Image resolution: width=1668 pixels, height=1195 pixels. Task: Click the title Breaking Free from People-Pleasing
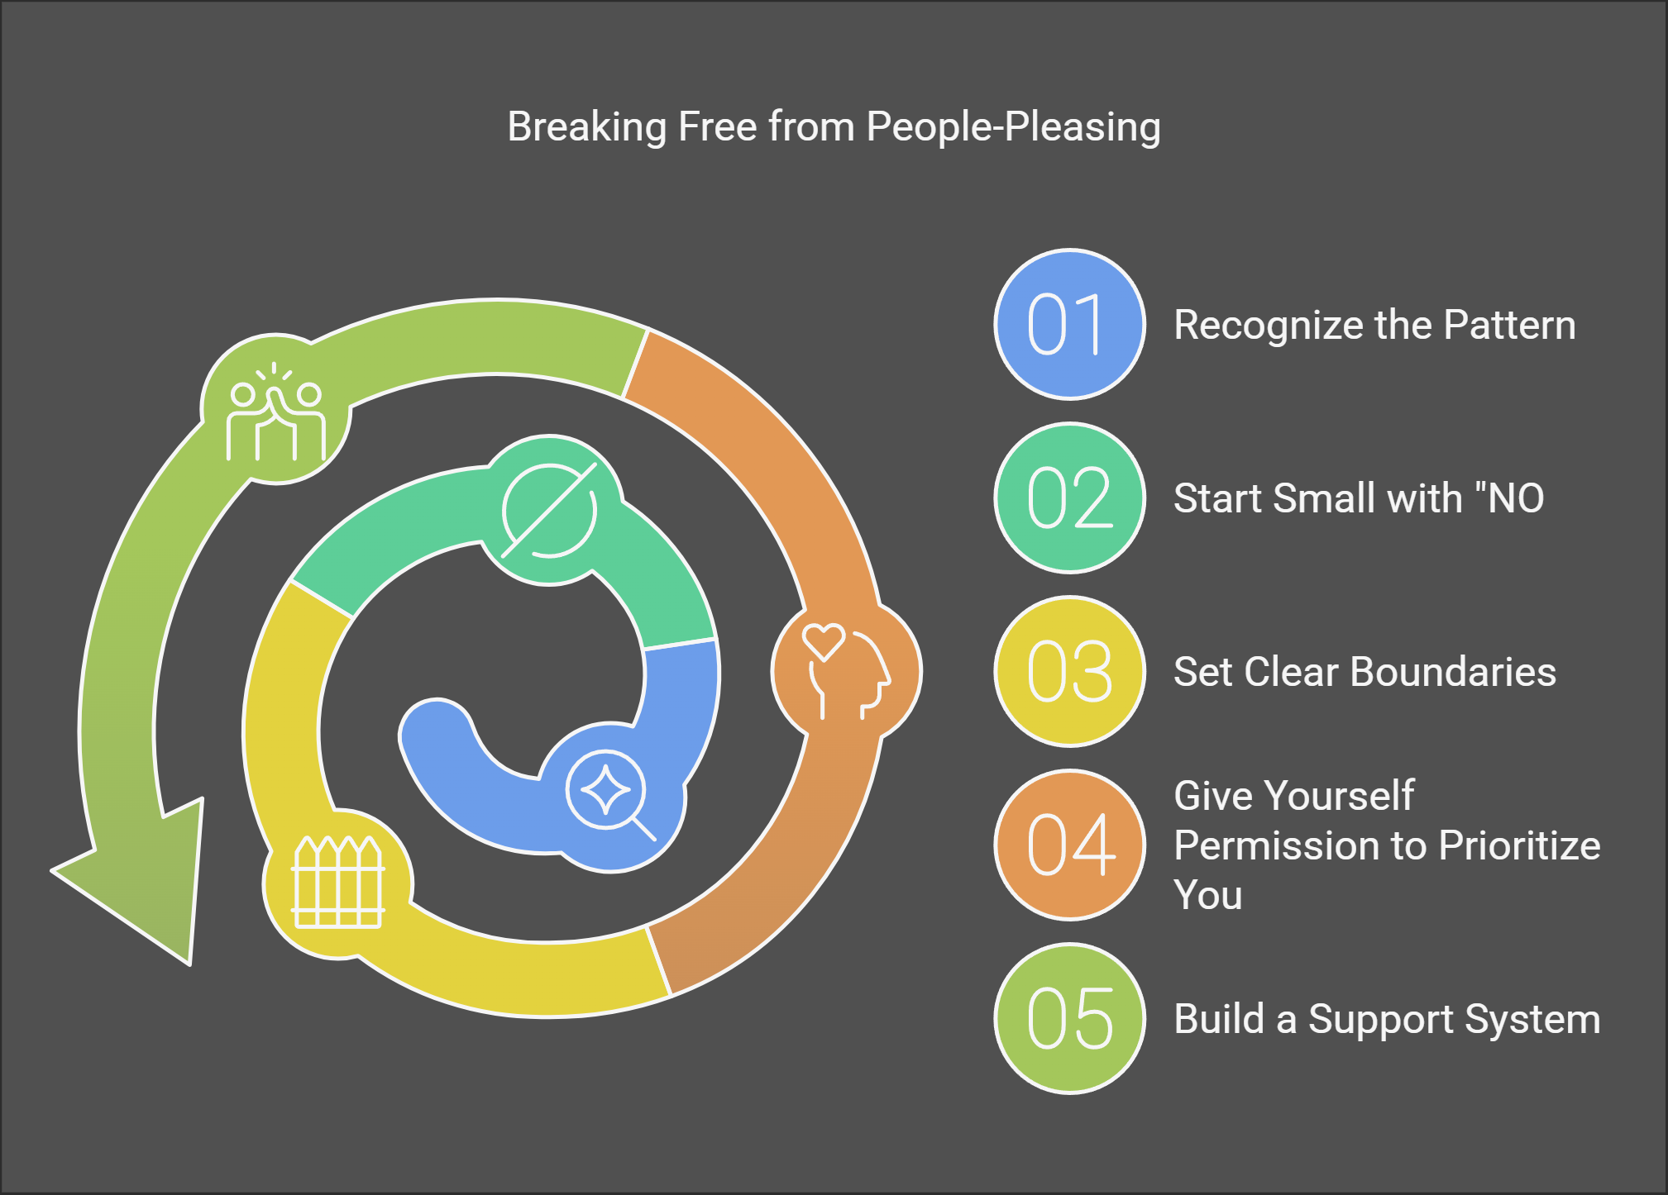834,127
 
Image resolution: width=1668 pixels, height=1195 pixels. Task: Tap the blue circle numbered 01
1069,325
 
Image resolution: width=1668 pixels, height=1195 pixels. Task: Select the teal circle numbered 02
1069,498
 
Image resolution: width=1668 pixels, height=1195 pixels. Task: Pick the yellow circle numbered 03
1069,672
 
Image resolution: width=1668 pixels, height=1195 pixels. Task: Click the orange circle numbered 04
1069,845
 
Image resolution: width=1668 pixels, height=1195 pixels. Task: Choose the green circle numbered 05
1069,1018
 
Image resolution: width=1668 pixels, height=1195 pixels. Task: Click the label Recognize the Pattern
1374,325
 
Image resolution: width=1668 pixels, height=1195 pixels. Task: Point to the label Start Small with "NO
1358,498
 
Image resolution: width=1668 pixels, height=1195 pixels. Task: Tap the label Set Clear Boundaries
1365,672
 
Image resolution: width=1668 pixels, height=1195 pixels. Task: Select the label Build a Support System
1387,1018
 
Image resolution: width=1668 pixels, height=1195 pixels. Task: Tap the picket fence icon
338,883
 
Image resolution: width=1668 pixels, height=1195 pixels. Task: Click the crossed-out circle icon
549,510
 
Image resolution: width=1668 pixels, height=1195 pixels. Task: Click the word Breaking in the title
586,127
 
